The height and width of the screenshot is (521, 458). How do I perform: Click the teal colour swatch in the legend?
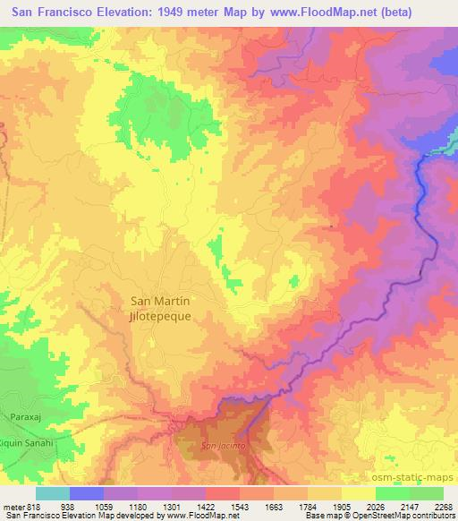53,492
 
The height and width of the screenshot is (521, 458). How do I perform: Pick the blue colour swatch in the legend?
87,492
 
